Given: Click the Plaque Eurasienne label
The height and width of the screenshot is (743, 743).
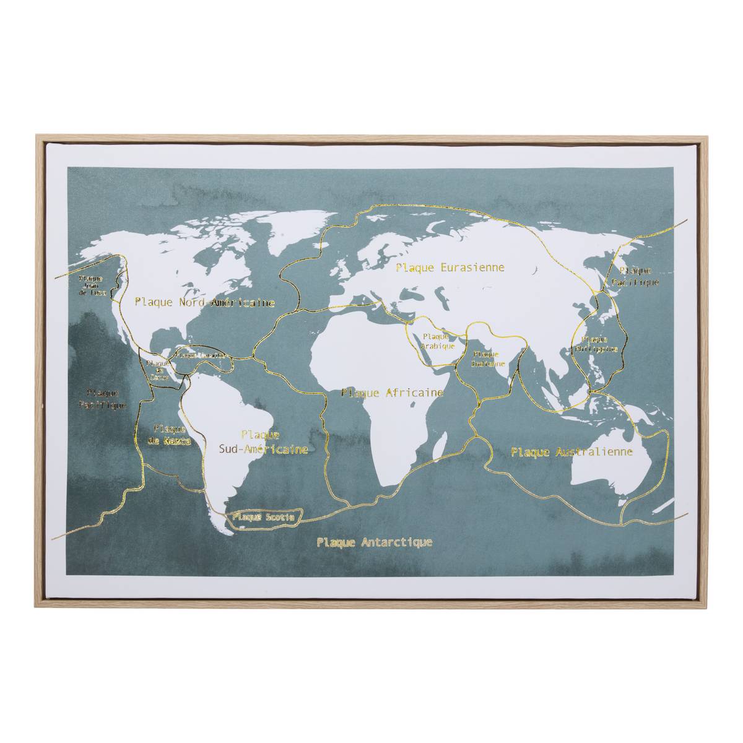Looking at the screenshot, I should coord(450,268).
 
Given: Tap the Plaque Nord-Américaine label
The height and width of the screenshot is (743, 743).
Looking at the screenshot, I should coord(204,303).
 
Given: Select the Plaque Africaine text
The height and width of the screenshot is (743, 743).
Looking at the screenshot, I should coord(392,393).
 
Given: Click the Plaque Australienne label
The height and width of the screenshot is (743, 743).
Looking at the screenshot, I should coord(571,452).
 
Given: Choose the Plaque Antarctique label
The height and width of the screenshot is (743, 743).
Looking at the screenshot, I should coord(374,542).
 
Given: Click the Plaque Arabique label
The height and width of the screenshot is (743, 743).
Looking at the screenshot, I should coord(438,341).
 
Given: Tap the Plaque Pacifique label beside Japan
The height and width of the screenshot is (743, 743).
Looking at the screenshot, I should coord(635,276).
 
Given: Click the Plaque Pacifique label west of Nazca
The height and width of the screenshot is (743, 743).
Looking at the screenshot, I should coord(103,398).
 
